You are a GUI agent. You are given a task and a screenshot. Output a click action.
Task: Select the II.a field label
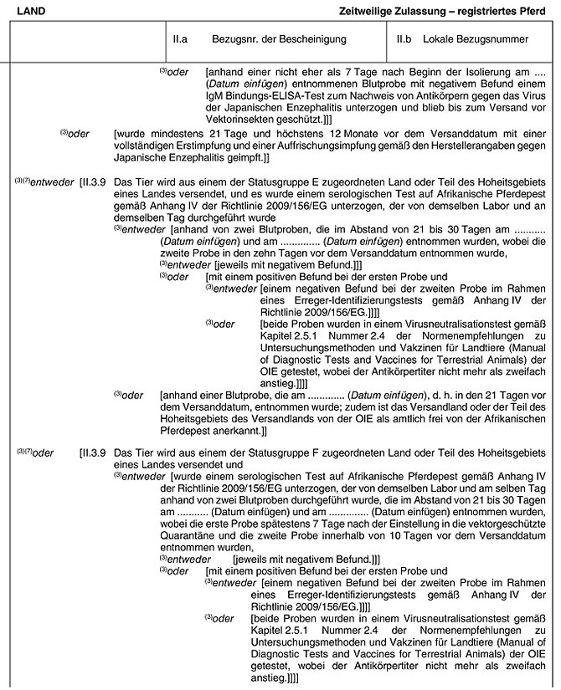pos(179,39)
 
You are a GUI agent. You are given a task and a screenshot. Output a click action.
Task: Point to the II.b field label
pos(406,39)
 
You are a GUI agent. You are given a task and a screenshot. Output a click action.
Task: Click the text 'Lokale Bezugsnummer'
pos(476,39)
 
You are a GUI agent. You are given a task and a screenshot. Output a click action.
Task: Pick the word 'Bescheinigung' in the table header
pos(315,39)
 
